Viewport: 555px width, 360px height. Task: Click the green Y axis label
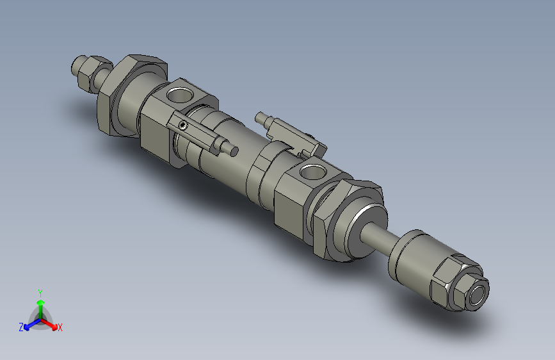[x=40, y=292]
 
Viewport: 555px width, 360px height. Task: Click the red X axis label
[x=60, y=327]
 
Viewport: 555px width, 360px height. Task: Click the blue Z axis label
[x=21, y=327]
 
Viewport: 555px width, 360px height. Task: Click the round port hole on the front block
[x=312, y=171]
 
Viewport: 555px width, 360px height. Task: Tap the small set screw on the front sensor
[x=184, y=126]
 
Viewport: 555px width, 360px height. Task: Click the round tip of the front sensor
[x=234, y=151]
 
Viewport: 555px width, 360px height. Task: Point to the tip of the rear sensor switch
[x=260, y=117]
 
